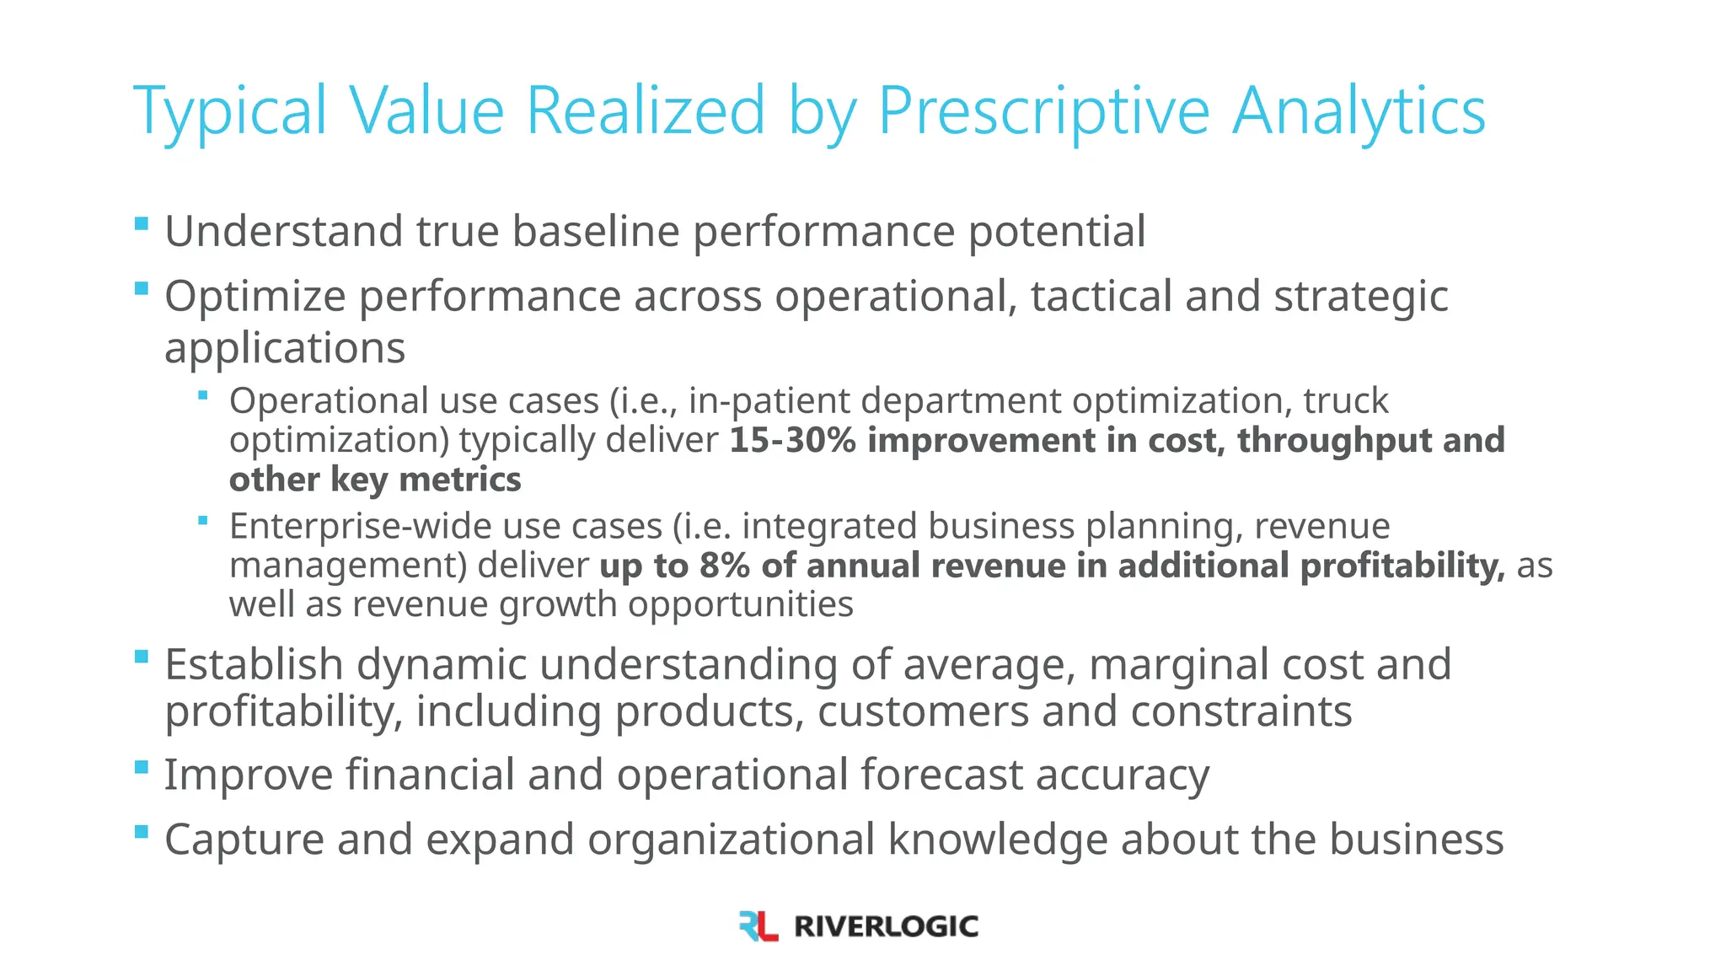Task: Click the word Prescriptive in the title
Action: point(1043,111)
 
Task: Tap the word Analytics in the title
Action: point(1359,111)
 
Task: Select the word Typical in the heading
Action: point(229,111)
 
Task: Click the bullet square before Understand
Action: point(142,224)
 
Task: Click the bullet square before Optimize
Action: point(142,289)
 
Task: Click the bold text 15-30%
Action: point(792,440)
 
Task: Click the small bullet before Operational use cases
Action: point(203,394)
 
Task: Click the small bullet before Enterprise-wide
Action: point(203,520)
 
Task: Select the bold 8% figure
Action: point(724,565)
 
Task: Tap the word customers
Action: point(923,711)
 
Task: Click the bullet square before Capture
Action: point(142,833)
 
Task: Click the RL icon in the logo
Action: point(758,925)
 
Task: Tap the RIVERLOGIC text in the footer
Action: point(886,926)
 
